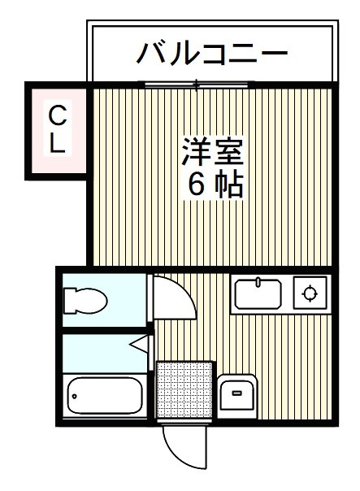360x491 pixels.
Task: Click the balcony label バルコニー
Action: [x=212, y=54]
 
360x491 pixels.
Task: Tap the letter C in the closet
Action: [x=57, y=114]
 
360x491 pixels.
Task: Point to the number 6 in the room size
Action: [x=197, y=185]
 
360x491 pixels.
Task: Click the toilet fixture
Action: [x=85, y=301]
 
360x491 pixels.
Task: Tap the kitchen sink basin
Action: [x=258, y=293]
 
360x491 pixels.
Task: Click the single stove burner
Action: [x=310, y=293]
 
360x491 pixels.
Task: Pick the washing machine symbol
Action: [x=237, y=395]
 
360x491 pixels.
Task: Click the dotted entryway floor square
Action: [x=184, y=391]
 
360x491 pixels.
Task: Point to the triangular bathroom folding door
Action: [x=140, y=345]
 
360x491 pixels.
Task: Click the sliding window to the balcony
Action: [x=199, y=83]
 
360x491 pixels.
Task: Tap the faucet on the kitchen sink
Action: [x=258, y=282]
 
